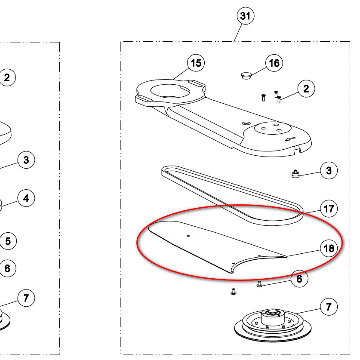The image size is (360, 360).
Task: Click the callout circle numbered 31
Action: click(x=246, y=16)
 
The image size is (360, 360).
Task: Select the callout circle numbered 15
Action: click(x=196, y=63)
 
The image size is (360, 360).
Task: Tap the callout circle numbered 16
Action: click(x=274, y=63)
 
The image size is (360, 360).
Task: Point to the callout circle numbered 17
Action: click(x=329, y=209)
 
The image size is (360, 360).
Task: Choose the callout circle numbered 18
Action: click(x=329, y=248)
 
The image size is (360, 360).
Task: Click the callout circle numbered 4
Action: click(x=26, y=198)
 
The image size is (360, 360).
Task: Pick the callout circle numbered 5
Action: click(x=8, y=241)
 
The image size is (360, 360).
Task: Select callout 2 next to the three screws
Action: click(x=306, y=89)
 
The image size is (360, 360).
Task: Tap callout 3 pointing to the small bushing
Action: click(x=329, y=170)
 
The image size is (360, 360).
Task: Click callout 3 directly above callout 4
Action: click(x=26, y=160)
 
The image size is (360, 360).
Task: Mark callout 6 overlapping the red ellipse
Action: click(x=299, y=279)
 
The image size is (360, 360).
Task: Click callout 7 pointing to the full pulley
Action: click(x=329, y=307)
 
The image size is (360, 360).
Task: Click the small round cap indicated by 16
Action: click(x=246, y=76)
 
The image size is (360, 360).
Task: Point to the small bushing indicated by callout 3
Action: click(x=295, y=174)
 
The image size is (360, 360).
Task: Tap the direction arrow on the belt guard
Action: click(x=290, y=139)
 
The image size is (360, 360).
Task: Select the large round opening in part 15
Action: click(x=170, y=91)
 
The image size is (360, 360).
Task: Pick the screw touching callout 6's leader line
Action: click(x=259, y=284)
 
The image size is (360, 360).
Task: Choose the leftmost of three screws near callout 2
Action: click(x=264, y=98)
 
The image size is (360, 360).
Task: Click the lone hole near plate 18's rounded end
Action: click(x=188, y=236)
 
